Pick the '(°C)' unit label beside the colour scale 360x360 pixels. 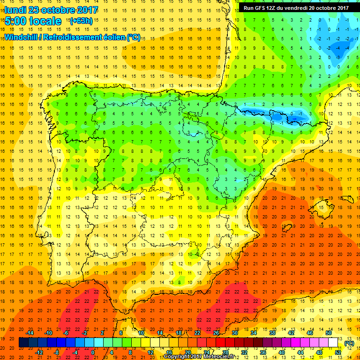click(x=349, y=343)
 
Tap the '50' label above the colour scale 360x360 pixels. click(x=329, y=333)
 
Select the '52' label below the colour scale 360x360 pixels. click(x=338, y=352)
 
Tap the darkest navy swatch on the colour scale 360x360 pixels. click(x=23, y=343)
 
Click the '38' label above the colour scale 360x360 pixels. click(x=272, y=333)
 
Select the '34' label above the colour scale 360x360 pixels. click(x=254, y=333)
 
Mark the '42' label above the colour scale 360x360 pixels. click(x=291, y=333)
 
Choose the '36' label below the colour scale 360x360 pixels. click(x=263, y=352)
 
